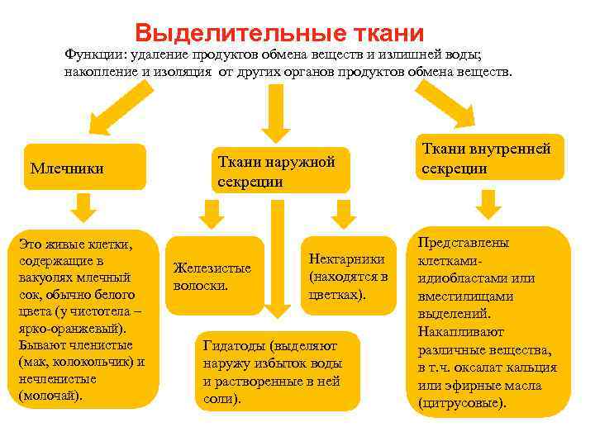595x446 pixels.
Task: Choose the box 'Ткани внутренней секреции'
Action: pos(491,158)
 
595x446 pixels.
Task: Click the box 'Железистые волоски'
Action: pos(214,276)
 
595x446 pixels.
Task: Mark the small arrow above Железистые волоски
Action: pos(212,216)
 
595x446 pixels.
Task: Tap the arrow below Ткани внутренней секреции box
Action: pos(491,203)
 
